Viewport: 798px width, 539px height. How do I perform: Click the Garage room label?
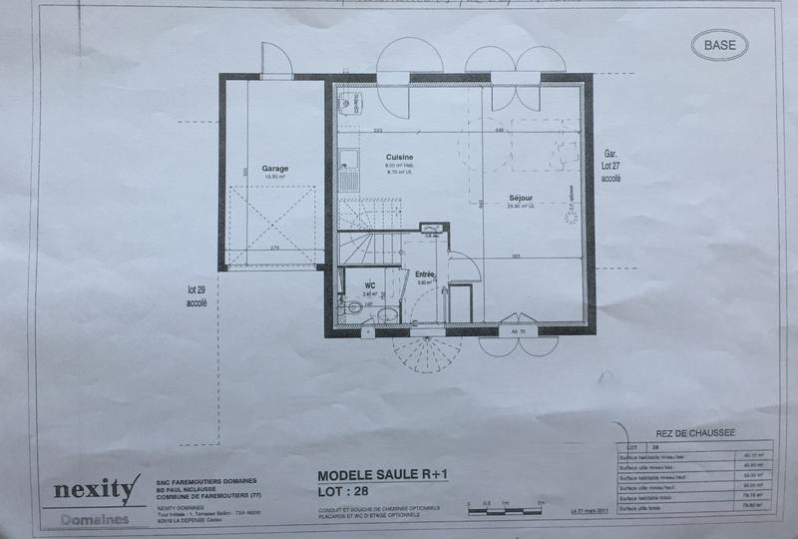[275, 169]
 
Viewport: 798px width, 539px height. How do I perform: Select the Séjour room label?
[521, 198]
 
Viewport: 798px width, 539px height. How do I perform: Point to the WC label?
[368, 284]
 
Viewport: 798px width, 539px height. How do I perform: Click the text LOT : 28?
[343, 493]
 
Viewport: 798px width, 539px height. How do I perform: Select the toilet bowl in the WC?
[353, 307]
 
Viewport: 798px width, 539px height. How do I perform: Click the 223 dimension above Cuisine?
[378, 131]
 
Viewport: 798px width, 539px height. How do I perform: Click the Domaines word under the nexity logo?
[94, 520]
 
